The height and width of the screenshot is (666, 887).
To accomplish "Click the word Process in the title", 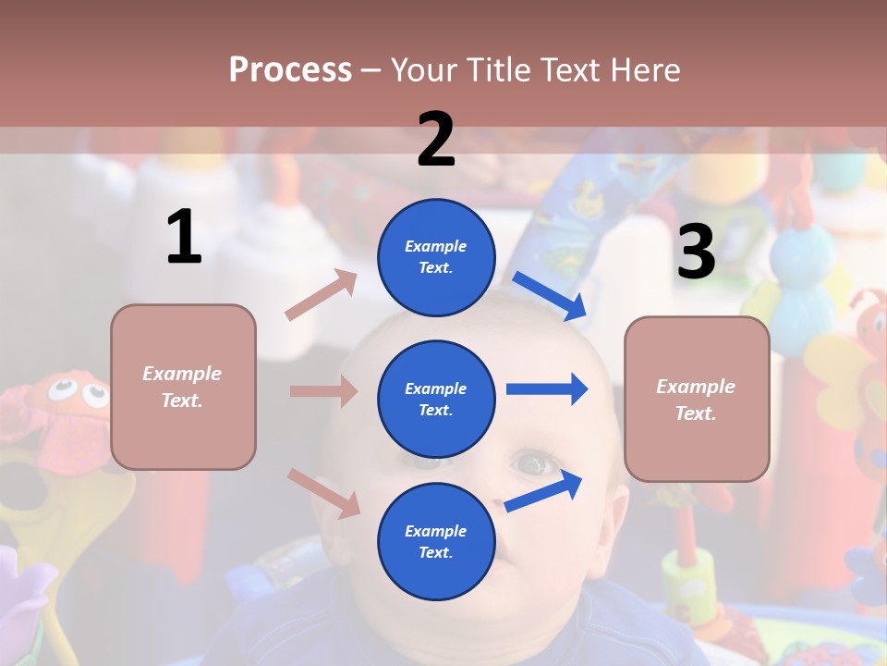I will pyautogui.click(x=290, y=70).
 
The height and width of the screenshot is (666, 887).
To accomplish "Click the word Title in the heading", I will pyautogui.click(x=497, y=70).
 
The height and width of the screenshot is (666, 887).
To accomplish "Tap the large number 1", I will pyautogui.click(x=184, y=238).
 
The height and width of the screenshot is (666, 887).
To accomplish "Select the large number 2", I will pyautogui.click(x=436, y=140).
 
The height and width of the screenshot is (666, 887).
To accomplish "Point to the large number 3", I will pyautogui.click(x=696, y=252).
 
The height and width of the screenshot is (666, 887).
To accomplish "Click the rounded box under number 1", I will pyautogui.click(x=183, y=387).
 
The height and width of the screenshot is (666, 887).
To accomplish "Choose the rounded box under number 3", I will pyautogui.click(x=697, y=399).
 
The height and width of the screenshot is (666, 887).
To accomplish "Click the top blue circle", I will pyautogui.click(x=436, y=256).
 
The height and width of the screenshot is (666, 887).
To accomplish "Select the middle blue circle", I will pyautogui.click(x=436, y=399).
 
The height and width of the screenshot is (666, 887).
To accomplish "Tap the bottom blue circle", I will pyautogui.click(x=436, y=541).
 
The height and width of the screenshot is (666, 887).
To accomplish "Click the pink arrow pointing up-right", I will pyautogui.click(x=322, y=295).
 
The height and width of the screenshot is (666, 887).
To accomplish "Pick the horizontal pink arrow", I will pyautogui.click(x=323, y=391).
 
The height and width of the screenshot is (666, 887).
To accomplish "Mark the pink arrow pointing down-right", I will pyautogui.click(x=323, y=492).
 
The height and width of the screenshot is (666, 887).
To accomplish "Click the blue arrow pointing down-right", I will pyautogui.click(x=550, y=296).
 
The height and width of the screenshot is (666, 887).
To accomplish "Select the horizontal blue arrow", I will pyautogui.click(x=547, y=389).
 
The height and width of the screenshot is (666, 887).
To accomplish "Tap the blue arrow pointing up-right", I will pyautogui.click(x=543, y=491).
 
